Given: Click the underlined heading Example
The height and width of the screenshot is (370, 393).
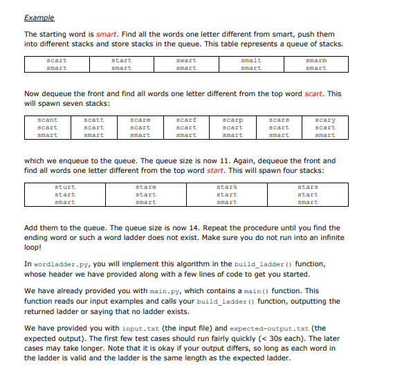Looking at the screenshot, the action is (39, 17).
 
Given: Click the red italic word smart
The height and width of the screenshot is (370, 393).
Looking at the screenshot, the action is (107, 34).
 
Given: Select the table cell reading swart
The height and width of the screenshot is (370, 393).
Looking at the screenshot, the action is (185, 60).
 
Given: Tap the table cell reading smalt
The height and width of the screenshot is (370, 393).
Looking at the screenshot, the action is (250, 60).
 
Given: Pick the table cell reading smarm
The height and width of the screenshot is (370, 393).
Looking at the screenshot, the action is (316, 60).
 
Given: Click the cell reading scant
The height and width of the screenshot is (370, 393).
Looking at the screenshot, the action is (47, 120).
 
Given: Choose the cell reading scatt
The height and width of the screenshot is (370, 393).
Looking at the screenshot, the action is (93, 120).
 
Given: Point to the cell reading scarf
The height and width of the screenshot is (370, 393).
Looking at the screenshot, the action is (186, 120).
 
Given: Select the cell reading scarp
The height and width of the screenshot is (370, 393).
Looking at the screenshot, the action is (232, 120).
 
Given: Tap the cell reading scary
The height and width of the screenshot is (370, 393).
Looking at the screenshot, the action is (325, 120).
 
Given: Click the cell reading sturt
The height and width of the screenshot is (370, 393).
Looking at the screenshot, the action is (65, 187).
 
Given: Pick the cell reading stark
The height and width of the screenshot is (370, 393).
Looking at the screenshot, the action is (227, 187).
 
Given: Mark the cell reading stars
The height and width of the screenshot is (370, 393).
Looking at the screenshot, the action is (308, 187).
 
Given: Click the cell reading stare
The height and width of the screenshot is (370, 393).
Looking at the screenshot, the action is (146, 187).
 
